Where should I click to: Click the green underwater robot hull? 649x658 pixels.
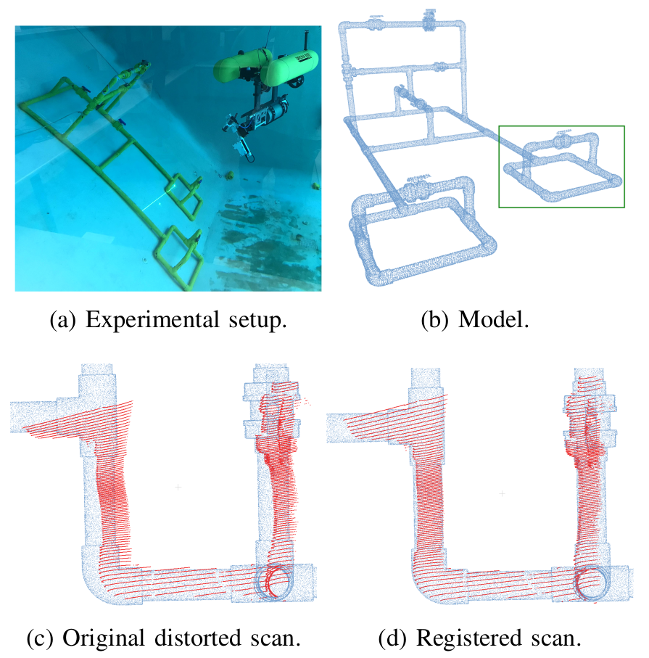point(265,67)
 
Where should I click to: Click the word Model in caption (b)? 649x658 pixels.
point(485,321)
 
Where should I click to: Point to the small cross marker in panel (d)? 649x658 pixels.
point(502,493)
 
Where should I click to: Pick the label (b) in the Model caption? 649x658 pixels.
point(435,321)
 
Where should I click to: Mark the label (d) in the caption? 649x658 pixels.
point(392,640)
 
